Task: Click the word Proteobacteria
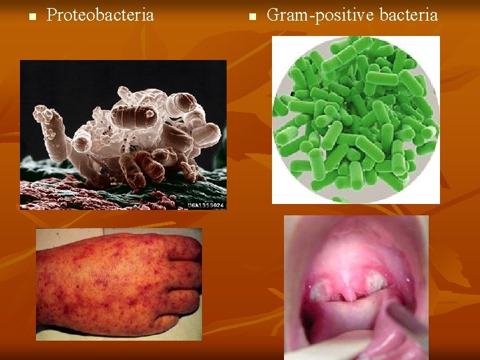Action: pyautogui.click(x=100, y=15)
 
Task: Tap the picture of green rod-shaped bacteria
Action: pyautogui.click(x=356, y=119)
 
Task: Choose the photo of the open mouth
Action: pyautogui.click(x=356, y=287)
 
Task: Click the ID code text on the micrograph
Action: pyautogui.click(x=205, y=205)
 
